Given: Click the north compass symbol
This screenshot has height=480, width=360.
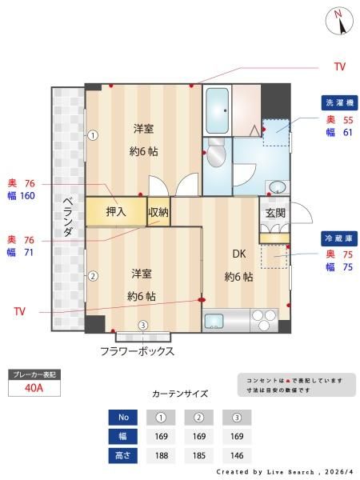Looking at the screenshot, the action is [339, 21].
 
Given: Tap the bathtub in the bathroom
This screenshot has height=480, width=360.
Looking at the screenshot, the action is [217, 110].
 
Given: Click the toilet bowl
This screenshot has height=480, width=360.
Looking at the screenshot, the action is [216, 152].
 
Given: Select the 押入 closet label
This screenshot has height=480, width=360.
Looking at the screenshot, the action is [116, 211].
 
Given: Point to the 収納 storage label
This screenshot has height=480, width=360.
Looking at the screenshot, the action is [158, 212].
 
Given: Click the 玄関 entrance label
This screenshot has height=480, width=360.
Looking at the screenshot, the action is [275, 213].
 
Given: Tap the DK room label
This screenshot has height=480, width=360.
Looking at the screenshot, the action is [239, 254].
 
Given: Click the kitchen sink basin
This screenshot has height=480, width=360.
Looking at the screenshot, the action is [214, 321].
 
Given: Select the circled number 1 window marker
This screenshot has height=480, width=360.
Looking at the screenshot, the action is [93, 135].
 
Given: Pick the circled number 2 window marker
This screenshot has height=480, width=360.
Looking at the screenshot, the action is [93, 276].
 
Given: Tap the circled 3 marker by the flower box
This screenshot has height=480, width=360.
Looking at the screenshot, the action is [143, 325].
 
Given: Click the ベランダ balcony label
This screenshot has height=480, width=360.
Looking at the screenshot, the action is [68, 218].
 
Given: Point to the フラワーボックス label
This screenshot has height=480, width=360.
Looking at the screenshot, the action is [137, 351].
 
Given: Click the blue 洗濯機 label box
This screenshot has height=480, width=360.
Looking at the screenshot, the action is [339, 103].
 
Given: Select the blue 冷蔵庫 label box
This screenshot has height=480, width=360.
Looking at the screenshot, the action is [339, 238].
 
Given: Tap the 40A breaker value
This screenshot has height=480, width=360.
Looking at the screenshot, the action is [34, 388].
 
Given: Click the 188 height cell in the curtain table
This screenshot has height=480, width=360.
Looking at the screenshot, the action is [161, 455].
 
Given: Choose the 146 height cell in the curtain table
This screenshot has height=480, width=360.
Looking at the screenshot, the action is [237, 455].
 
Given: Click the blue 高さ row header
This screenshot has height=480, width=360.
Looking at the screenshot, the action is [123, 455].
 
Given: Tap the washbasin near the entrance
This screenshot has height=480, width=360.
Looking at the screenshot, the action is [278, 186].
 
